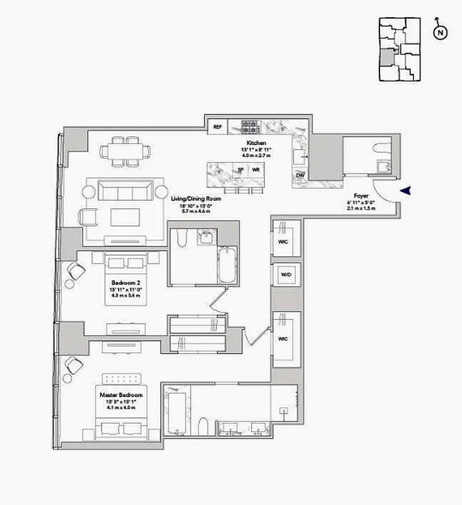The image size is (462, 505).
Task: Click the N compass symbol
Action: click(441, 33)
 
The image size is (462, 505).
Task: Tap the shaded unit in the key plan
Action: click(385, 58)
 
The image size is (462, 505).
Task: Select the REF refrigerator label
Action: click(218, 127)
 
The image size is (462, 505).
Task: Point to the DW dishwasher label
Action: click(300, 174)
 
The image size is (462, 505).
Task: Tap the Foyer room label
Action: click(362, 196)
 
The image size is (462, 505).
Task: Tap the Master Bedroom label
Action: click(121, 395)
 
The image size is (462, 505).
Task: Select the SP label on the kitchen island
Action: click(240, 170)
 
